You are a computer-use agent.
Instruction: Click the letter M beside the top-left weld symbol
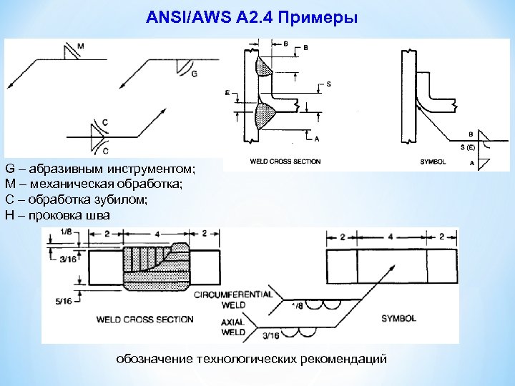pos(80,46)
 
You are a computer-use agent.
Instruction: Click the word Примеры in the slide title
pos(321,16)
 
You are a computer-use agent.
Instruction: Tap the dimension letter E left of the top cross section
pos(227,94)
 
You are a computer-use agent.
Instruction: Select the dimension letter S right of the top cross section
pos(328,84)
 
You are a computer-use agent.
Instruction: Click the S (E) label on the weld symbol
pos(467,147)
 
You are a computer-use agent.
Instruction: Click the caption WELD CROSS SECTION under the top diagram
pos(285,162)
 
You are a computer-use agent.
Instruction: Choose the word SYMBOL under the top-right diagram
pos(433,162)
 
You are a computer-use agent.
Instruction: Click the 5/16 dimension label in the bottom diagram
pos(63,301)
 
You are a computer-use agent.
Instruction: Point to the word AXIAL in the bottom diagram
pos(233,322)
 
